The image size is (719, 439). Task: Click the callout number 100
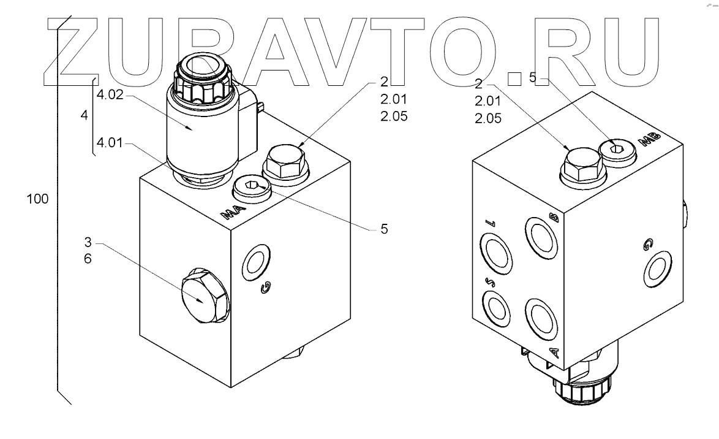tap(37, 199)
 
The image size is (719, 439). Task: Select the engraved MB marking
tap(647, 140)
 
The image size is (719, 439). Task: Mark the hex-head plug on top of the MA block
tap(285, 164)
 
